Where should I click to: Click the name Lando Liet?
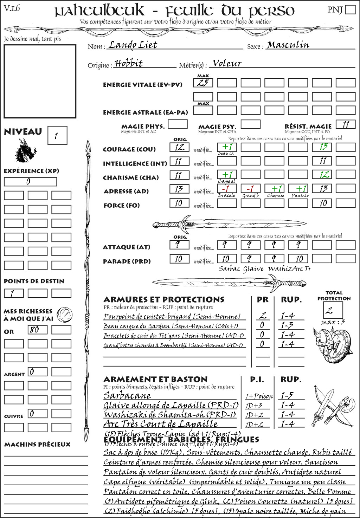[133, 45]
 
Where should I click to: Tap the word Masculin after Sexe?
[288, 45]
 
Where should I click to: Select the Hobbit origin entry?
[129, 63]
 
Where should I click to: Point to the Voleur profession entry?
[227, 63]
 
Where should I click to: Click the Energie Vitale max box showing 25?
[203, 83]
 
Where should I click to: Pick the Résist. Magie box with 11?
[345, 124]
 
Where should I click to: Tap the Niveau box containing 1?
[57, 136]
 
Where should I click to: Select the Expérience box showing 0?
[30, 182]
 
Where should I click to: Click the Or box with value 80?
[37, 330]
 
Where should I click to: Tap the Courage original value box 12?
[179, 147]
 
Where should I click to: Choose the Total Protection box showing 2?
[333, 310]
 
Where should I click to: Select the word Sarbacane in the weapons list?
[127, 395]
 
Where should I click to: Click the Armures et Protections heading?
[164, 300]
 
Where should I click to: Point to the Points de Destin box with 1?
[14, 293]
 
